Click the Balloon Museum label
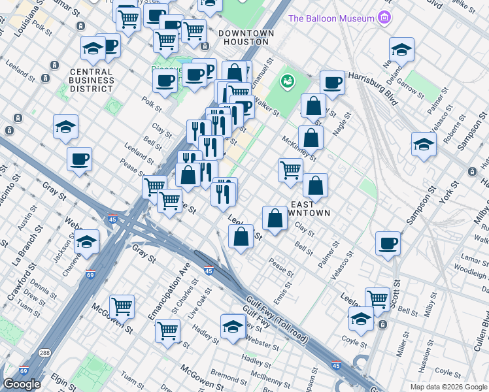click(331, 18)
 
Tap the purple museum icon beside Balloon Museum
click(384, 18)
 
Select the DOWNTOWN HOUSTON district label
click(243, 37)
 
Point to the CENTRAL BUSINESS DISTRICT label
click(92, 80)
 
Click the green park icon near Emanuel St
click(286, 82)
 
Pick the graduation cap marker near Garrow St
click(401, 49)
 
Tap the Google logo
click(22, 384)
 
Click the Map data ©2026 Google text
click(448, 387)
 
